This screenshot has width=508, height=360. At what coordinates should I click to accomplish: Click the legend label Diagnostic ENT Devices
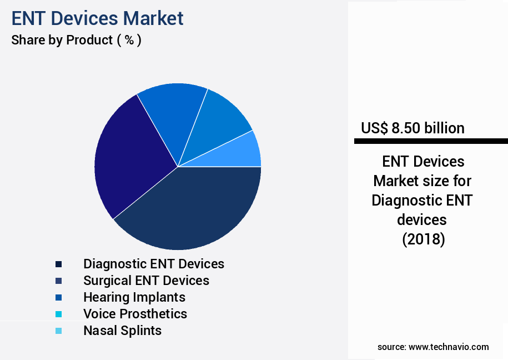pos(154,264)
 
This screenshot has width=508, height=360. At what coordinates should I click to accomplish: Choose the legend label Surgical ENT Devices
pos(146,281)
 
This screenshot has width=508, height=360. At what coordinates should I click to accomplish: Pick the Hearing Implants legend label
pos(134,297)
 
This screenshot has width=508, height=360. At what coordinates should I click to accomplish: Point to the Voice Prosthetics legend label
pos(135,314)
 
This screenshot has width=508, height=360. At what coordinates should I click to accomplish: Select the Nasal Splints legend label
pos(122,331)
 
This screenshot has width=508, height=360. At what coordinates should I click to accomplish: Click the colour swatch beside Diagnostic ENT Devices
pos(58,264)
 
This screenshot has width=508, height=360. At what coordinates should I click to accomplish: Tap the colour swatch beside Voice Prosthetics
pos(58,314)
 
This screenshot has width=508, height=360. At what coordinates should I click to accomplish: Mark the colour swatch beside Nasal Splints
pos(58,331)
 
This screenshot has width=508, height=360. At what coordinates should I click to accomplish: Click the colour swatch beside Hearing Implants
pos(58,298)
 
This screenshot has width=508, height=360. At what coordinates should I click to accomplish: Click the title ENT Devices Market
pos(97,18)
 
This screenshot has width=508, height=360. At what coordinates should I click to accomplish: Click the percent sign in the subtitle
pos(129,40)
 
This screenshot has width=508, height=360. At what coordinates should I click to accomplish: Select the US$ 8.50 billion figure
pos(413,128)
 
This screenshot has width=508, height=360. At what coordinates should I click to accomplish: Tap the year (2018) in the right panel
pos(423,239)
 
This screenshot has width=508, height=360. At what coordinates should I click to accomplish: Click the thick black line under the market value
pos(431,142)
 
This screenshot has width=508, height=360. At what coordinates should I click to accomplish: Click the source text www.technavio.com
pos(449,347)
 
